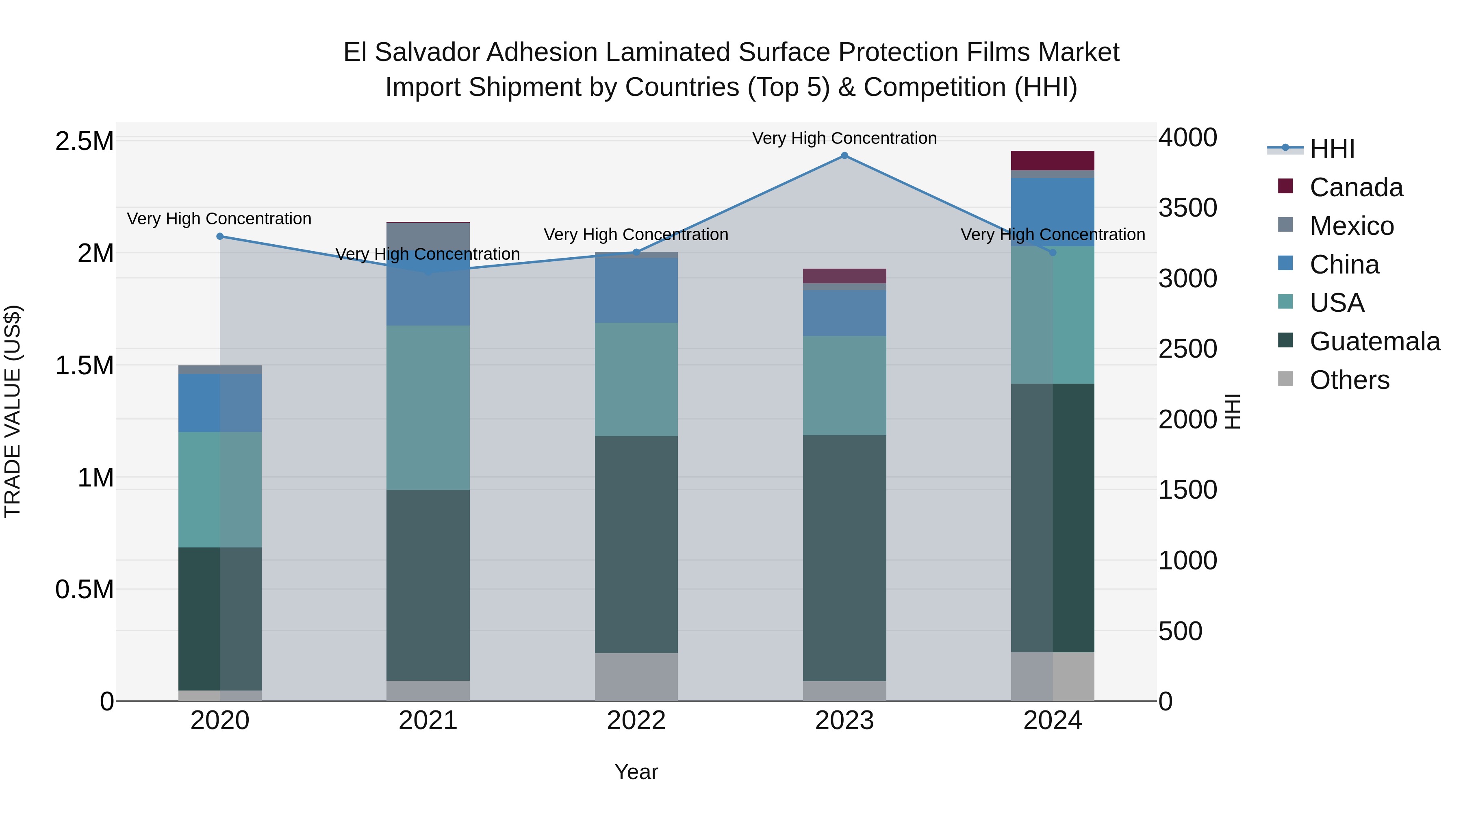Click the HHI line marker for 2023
[x=844, y=156]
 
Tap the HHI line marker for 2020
[x=220, y=236]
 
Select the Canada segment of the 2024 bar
[x=1053, y=161]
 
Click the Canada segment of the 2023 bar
[x=844, y=276]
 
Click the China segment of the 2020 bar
[x=220, y=403]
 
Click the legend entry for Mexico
[x=1351, y=226]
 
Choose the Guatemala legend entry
[x=1374, y=341]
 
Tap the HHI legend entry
[x=1332, y=149]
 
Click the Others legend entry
[x=1349, y=380]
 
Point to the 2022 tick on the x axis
[x=636, y=721]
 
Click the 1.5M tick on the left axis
[x=85, y=365]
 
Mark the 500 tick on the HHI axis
[x=1180, y=631]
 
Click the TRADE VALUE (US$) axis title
[x=13, y=411]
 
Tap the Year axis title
[x=636, y=772]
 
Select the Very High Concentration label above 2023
[x=844, y=138]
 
